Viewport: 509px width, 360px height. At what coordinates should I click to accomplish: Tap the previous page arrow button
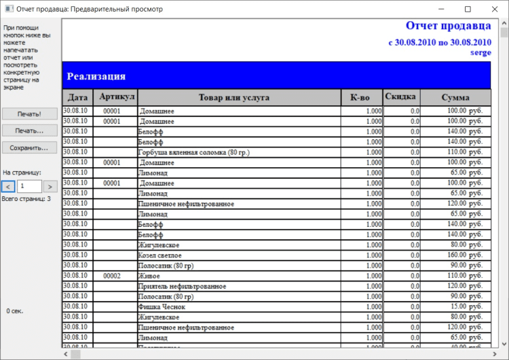pos(8,186)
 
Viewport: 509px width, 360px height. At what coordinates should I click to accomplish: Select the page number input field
pos(29,186)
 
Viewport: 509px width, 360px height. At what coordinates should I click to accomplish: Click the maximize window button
pos(468,10)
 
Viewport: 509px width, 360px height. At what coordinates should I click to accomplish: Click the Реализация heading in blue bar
pos(96,76)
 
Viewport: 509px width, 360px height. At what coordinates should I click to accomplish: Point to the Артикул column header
pos(117,97)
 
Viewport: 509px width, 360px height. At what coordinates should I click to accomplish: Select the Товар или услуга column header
pos(234,98)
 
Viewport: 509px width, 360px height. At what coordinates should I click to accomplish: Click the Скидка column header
pos(401,97)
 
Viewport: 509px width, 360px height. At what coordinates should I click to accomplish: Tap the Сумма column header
pos(455,98)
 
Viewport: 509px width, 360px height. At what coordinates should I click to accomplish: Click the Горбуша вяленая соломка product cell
pos(193,153)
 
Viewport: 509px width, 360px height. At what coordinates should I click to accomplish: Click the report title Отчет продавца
pos(448,26)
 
